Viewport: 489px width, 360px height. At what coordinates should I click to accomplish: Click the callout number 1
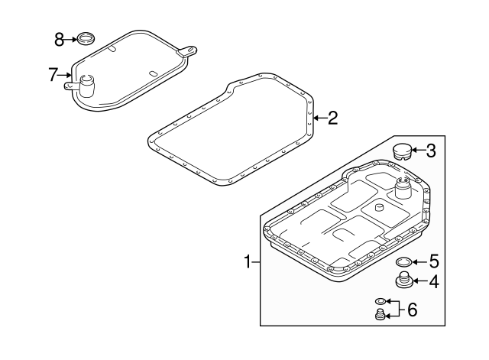[248, 263]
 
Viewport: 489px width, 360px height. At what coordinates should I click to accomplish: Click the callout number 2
[332, 118]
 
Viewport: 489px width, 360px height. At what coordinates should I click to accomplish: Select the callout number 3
[431, 151]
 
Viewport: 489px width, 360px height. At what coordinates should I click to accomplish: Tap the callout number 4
[433, 282]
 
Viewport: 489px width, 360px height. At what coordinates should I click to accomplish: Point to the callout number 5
[433, 261]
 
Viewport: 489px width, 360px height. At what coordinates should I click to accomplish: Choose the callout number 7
[53, 74]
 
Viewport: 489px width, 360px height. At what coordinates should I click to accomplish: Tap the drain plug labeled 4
[403, 281]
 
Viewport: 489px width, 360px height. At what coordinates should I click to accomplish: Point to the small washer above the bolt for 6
[381, 302]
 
